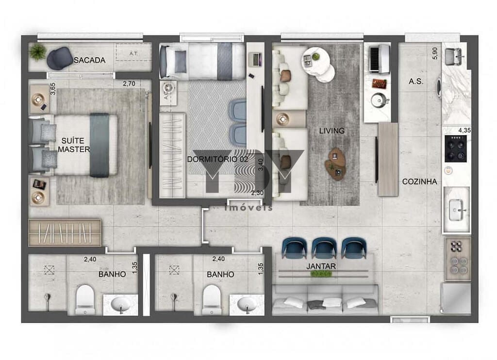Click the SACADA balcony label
click(x=89, y=60)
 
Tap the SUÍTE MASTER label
click(x=73, y=145)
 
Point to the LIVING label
click(x=332, y=131)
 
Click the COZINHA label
click(x=419, y=181)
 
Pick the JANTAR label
click(x=321, y=266)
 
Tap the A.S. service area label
click(x=415, y=82)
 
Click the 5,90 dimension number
click(x=435, y=53)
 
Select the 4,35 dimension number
click(x=464, y=130)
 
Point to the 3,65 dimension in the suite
click(x=53, y=91)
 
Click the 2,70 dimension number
click(x=129, y=83)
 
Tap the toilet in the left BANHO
click(x=85, y=298)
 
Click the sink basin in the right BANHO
click(x=247, y=304)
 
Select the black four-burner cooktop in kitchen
click(x=456, y=148)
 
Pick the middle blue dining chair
click(x=324, y=247)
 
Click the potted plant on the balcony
click(x=38, y=51)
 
